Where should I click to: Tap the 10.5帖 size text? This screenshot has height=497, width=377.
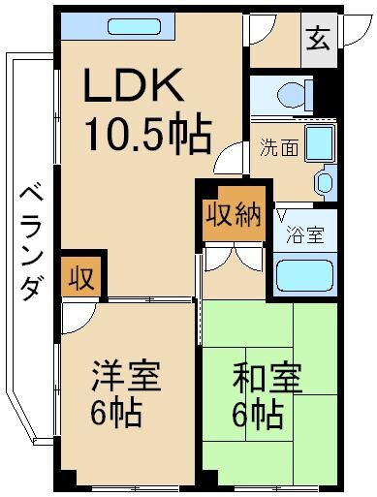pyautogui.click(x=148, y=136)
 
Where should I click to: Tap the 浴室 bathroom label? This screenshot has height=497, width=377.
pyautogui.click(x=304, y=234)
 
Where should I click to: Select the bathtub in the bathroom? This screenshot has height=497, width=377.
pyautogui.click(x=304, y=276)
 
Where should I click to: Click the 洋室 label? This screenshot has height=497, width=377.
pyautogui.click(x=126, y=373)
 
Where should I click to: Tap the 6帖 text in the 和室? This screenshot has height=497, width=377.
pyautogui.click(x=256, y=417)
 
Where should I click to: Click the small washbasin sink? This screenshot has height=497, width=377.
pyautogui.click(x=327, y=180)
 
